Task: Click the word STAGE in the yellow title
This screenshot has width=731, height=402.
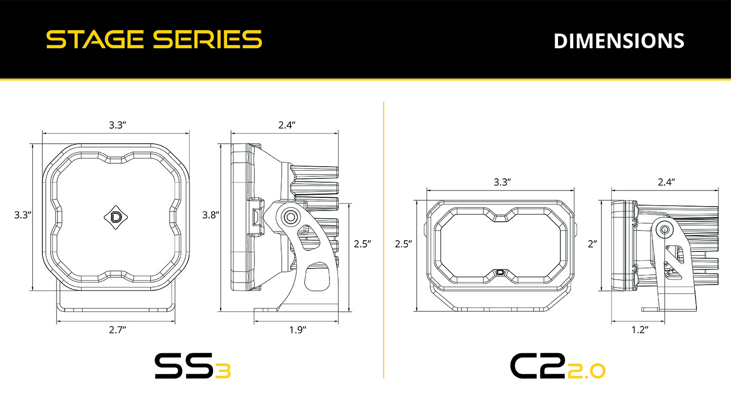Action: point(95,39)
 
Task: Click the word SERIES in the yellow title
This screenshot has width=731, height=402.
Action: point(207,39)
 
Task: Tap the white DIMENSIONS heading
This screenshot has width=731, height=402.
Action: point(619,41)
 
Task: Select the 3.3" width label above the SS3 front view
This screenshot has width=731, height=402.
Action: point(117,125)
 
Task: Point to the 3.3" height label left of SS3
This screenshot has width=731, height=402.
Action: point(22,215)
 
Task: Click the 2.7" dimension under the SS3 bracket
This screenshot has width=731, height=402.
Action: point(117,330)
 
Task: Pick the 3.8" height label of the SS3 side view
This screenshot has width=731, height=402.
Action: point(211,215)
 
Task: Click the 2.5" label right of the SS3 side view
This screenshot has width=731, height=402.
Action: point(362,244)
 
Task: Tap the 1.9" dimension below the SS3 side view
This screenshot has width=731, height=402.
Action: point(297,330)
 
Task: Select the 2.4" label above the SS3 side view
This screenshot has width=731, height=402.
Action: point(287,125)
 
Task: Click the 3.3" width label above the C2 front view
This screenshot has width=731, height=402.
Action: point(501,182)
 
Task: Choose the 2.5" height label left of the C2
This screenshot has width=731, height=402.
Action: point(403,244)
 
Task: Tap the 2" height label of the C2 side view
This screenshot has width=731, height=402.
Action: point(592,244)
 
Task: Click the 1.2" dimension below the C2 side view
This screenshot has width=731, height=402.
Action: point(639,330)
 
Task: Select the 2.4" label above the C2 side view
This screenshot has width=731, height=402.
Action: point(666,182)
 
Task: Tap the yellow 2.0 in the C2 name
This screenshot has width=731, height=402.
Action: point(587,371)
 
